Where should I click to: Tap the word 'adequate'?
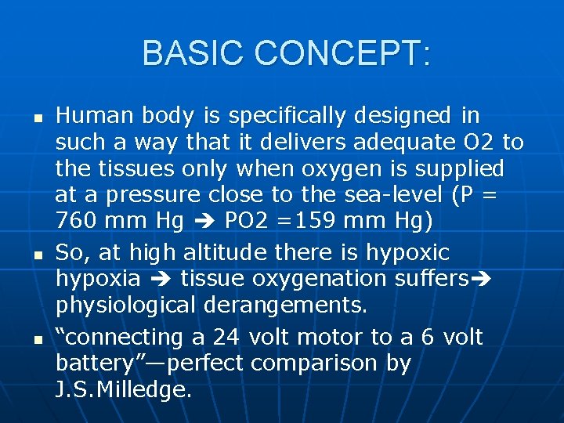tap(405, 143)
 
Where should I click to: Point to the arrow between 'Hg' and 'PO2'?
tap(204, 222)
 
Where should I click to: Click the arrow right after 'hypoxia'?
tap(161, 280)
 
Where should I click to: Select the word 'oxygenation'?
tap(314, 279)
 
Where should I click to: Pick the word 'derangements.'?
tap(285, 305)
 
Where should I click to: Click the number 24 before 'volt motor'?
tap(230, 337)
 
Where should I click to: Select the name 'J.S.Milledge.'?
tap(124, 389)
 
